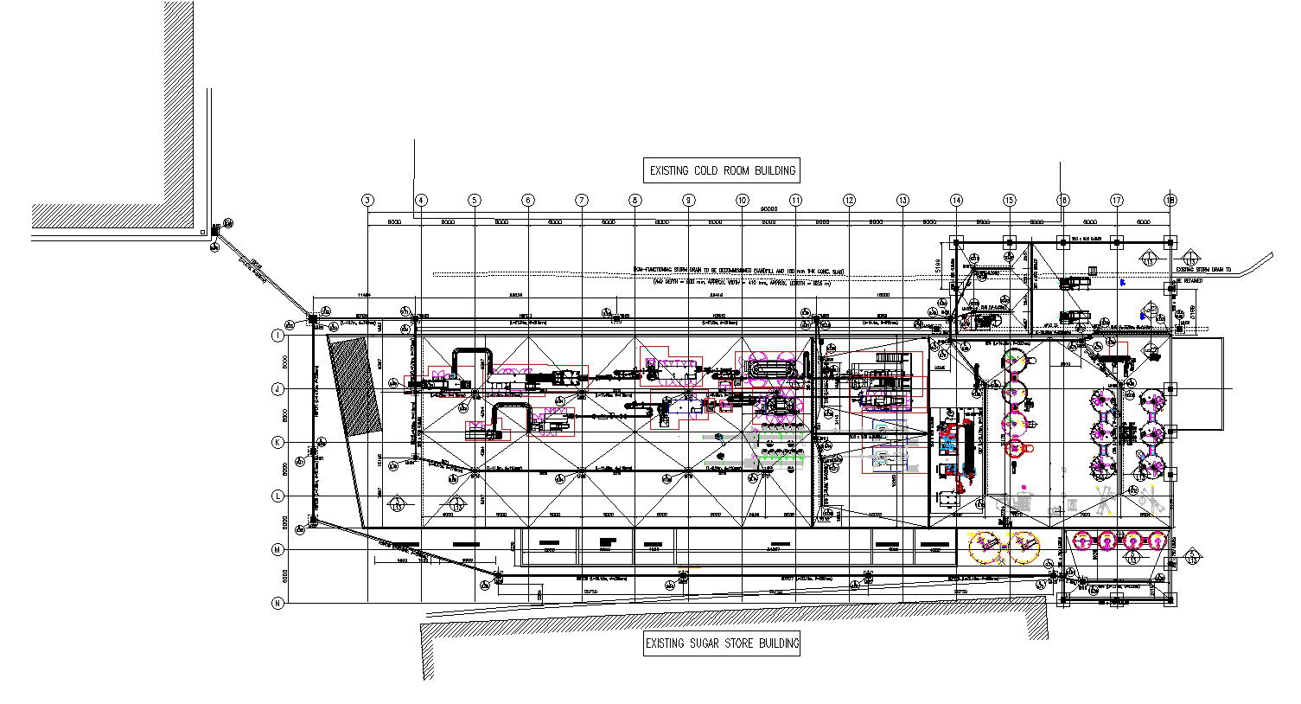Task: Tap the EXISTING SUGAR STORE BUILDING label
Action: (722, 643)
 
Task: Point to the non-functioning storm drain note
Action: (739, 271)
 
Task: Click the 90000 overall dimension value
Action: (768, 208)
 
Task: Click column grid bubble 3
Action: (367, 201)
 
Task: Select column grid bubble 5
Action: (475, 201)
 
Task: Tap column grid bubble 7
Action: (582, 201)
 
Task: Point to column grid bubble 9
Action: (689, 201)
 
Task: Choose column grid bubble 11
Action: (796, 201)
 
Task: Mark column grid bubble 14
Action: (956, 201)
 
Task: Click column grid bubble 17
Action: (1117, 201)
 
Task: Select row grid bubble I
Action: (277, 336)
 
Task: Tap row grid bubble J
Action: (277, 389)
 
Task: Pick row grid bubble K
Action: (277, 443)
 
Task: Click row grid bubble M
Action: (277, 550)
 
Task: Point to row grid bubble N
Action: (277, 604)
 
